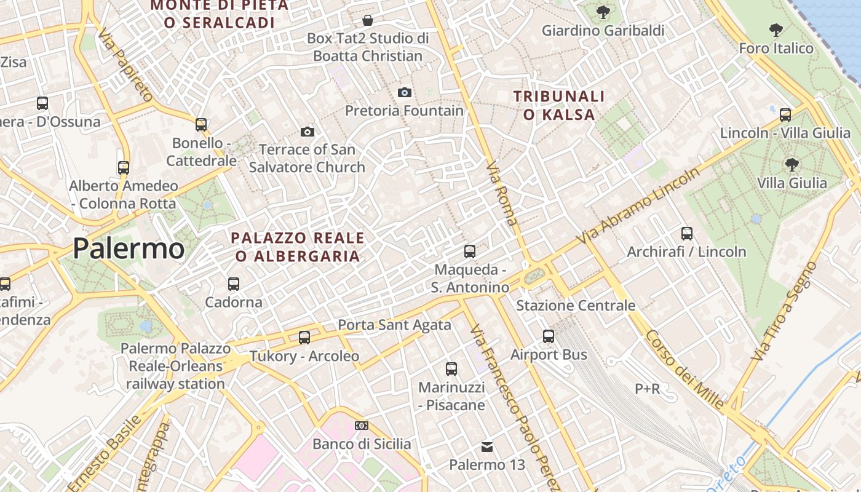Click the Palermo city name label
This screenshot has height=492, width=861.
coord(129,248)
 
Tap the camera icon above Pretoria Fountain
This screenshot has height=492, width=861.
coord(404,92)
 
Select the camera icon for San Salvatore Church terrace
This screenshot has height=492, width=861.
coord(307,132)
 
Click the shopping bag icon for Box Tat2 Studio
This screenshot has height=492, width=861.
coord(368,20)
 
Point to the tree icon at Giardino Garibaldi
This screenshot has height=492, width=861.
coord(603,12)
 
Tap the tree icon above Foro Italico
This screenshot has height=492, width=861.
coord(776,29)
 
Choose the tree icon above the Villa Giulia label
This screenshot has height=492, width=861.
coord(792,164)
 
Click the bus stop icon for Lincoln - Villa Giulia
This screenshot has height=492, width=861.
coord(785,114)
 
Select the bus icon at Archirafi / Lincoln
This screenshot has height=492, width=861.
coord(687,234)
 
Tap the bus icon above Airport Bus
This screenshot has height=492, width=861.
coord(549,336)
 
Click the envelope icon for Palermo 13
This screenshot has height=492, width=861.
coord(487,446)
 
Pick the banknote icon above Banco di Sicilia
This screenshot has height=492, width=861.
coord(362,426)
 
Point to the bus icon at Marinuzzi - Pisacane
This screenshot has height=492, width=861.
coord(451,369)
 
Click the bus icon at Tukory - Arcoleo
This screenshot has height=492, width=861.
coord(304,337)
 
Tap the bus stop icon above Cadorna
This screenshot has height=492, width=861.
coord(234,284)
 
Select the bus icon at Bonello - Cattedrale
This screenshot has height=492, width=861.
coord(201,125)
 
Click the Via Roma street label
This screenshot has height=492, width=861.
coord(502,193)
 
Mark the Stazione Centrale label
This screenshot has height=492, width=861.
coord(576,306)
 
